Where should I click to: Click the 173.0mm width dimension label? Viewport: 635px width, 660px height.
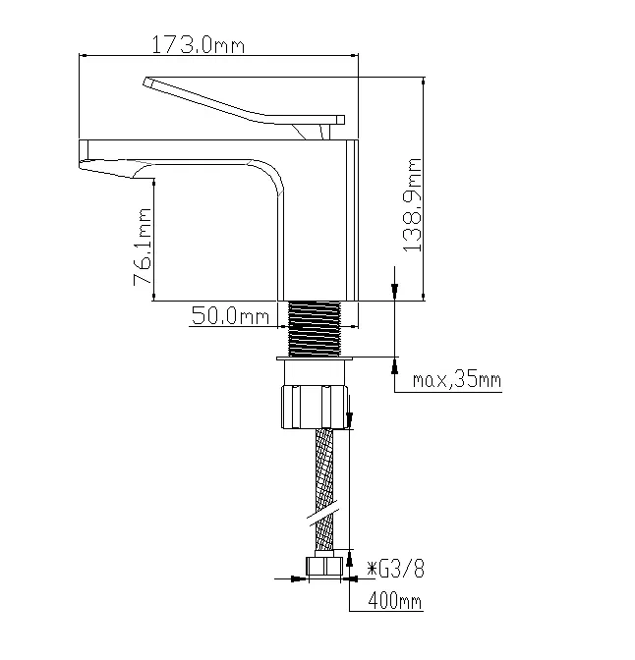(198, 44)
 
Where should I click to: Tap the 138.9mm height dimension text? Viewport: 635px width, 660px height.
(413, 205)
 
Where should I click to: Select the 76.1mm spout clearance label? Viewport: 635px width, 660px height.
(142, 247)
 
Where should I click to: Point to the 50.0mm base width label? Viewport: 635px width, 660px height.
(230, 315)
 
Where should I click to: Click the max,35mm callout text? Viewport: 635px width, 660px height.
(457, 380)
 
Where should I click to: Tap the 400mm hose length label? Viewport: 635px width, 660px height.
(395, 600)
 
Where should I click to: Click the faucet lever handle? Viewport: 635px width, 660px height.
(244, 101)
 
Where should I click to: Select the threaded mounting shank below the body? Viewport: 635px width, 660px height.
(314, 329)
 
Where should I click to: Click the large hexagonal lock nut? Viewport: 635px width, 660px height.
(315, 407)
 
